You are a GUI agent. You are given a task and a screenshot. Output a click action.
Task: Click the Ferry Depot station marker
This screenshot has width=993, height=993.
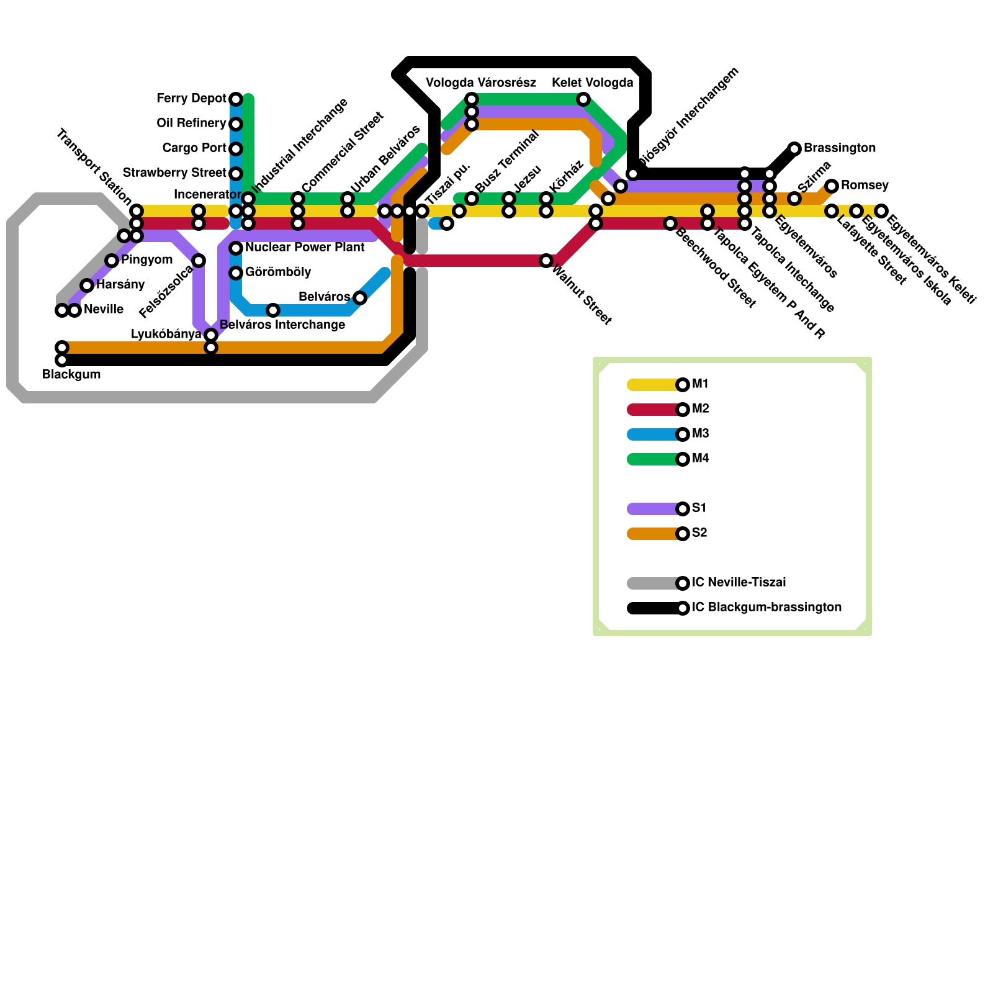point(236,99)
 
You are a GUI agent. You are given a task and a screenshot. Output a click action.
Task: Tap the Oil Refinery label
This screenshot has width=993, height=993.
point(191,124)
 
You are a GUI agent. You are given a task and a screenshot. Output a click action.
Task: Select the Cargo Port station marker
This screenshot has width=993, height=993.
point(236,149)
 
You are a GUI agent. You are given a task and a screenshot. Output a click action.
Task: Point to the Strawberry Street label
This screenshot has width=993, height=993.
point(174,173)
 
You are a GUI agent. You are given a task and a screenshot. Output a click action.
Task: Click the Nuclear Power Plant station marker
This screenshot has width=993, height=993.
point(236,248)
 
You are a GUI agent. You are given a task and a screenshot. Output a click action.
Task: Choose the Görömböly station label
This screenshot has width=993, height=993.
point(278,272)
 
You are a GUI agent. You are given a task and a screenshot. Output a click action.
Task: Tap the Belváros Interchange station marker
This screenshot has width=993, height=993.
point(273,310)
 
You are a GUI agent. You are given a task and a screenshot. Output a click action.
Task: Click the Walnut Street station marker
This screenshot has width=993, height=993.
point(546,261)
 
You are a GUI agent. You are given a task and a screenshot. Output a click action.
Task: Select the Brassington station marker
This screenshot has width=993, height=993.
point(794,149)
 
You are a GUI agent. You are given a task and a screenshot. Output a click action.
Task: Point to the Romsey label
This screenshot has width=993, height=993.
point(865,186)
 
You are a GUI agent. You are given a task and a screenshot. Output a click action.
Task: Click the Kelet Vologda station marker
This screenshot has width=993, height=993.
point(583,99)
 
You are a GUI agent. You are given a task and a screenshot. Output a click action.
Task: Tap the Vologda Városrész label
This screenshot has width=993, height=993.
point(481,83)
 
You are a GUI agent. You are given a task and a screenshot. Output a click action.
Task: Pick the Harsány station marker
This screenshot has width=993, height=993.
point(87,285)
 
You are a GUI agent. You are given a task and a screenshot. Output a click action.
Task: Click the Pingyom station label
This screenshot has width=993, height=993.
point(146,260)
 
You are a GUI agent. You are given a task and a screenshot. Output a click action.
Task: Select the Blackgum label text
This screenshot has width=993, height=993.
point(71,375)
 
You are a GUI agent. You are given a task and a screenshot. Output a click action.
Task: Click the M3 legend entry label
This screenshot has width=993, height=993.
point(700,434)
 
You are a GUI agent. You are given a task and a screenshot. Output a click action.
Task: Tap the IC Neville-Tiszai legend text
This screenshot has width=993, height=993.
point(739,583)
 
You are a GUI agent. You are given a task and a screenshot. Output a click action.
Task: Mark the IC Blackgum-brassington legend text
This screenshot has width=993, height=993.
point(766,608)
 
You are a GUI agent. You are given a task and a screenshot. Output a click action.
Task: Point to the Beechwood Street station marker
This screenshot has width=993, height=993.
point(670,223)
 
